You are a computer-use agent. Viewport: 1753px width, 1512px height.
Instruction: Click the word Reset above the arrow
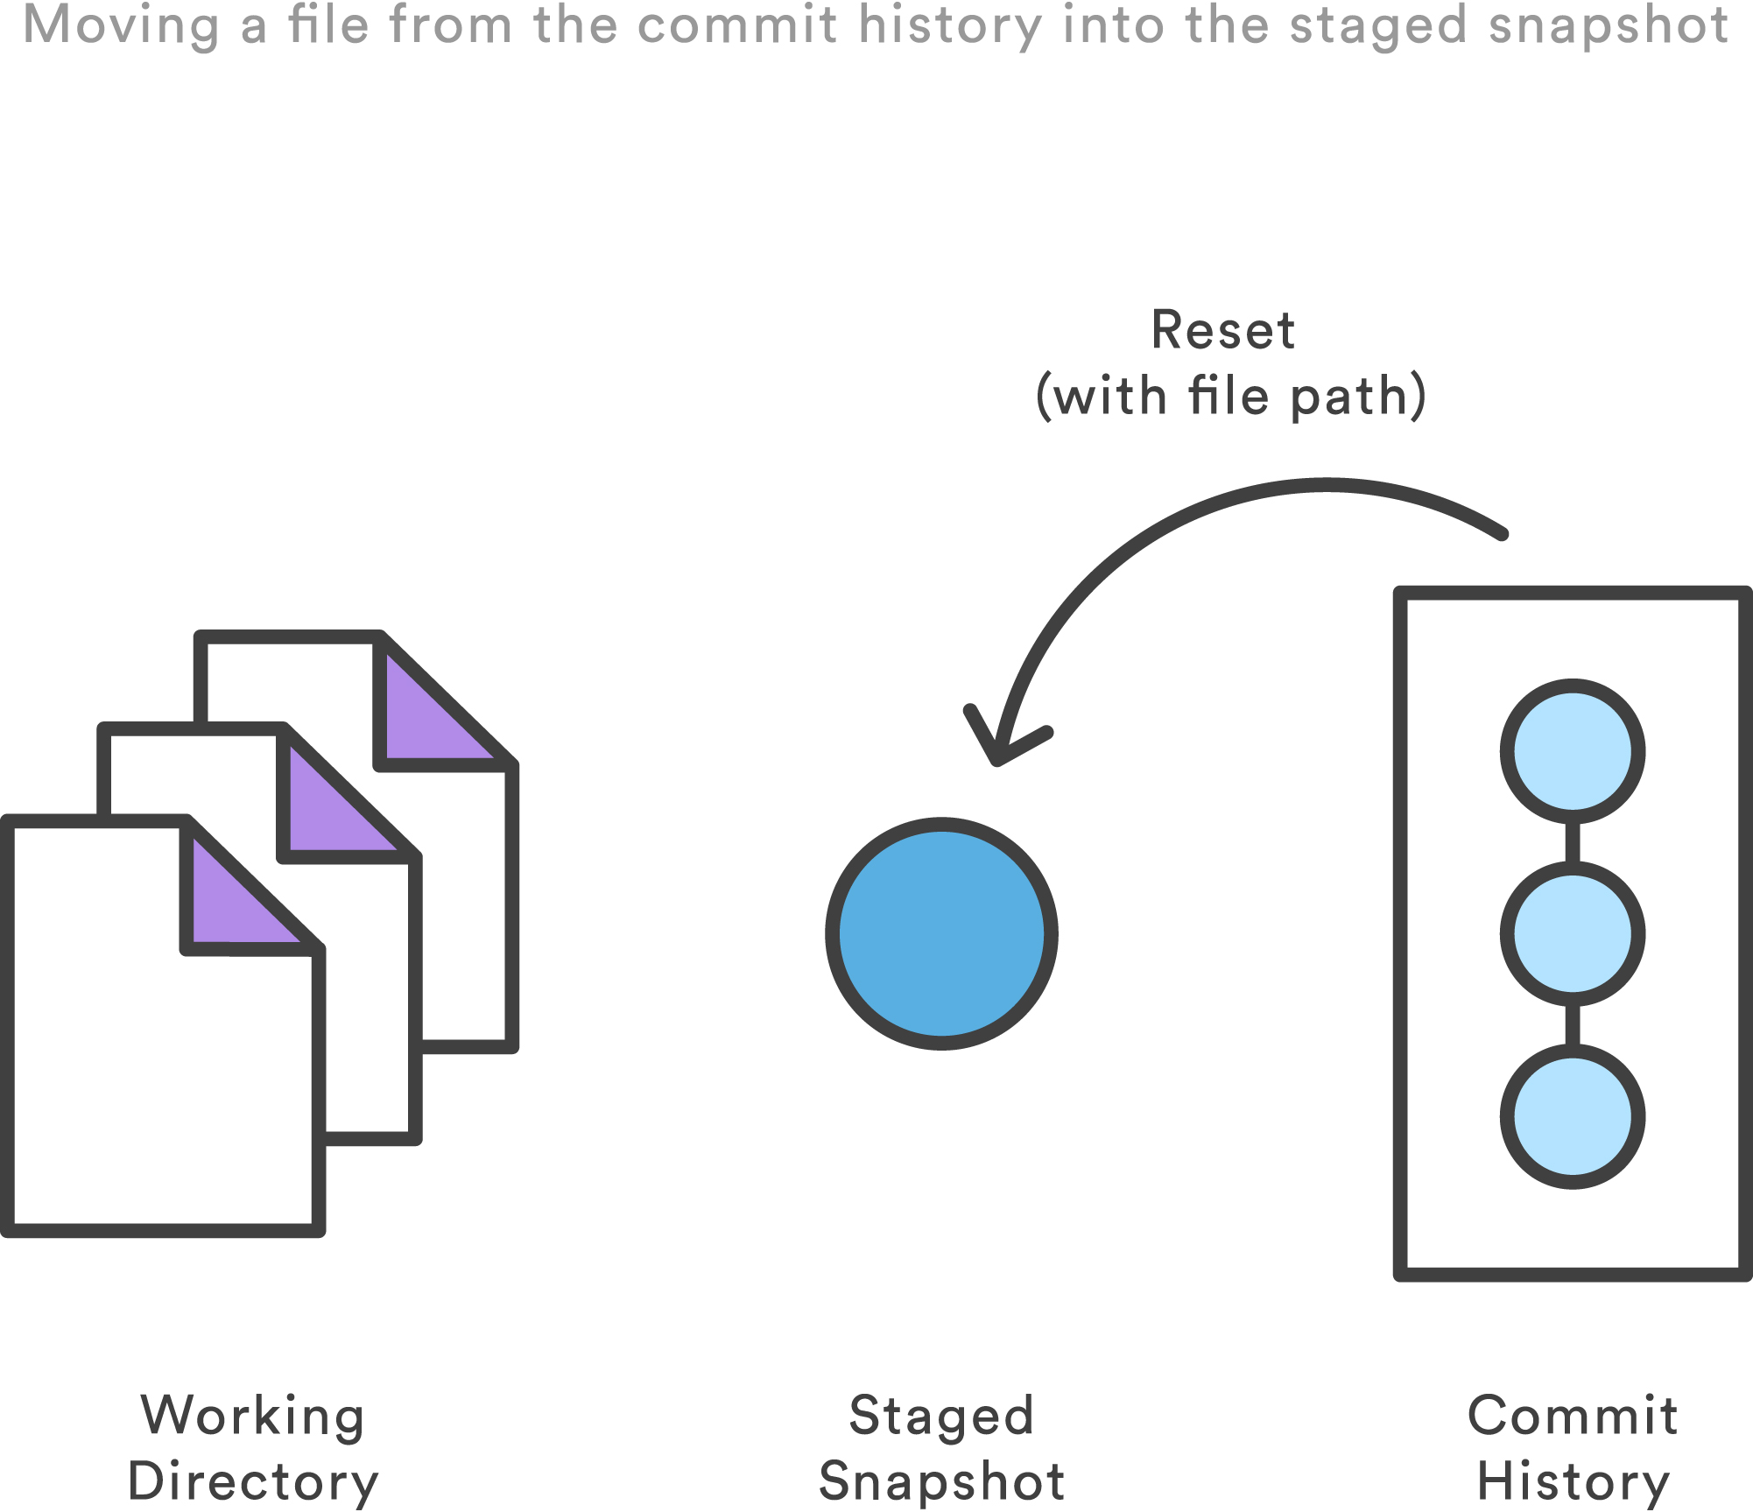pyautogui.click(x=1222, y=331)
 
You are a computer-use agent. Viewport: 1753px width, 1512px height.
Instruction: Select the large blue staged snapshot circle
pyautogui.click(x=941, y=933)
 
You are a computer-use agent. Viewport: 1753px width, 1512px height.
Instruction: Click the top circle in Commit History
pyautogui.click(x=1572, y=751)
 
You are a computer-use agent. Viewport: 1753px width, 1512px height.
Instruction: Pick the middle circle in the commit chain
pyautogui.click(x=1572, y=933)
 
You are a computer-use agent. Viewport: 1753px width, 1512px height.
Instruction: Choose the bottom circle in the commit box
pyautogui.click(x=1572, y=1116)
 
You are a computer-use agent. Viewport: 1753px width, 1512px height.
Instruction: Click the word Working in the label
pyautogui.click(x=253, y=1417)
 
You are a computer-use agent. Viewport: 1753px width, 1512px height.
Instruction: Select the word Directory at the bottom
pyautogui.click(x=253, y=1481)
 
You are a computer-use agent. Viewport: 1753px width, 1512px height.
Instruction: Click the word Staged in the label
pyautogui.click(x=941, y=1417)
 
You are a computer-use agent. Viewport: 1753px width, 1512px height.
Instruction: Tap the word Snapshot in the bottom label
pyautogui.click(x=941, y=1481)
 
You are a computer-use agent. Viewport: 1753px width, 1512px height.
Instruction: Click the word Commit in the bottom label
pyautogui.click(x=1573, y=1416)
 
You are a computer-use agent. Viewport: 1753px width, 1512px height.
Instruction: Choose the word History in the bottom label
pyautogui.click(x=1573, y=1481)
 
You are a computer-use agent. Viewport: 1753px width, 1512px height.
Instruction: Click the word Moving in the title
pyautogui.click(x=121, y=25)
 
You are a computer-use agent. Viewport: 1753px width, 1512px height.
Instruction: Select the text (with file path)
pyautogui.click(x=1230, y=397)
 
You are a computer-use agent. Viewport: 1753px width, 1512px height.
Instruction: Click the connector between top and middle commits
pyautogui.click(x=1573, y=842)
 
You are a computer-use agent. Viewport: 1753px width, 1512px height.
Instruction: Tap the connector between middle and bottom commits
pyautogui.click(x=1573, y=1025)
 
